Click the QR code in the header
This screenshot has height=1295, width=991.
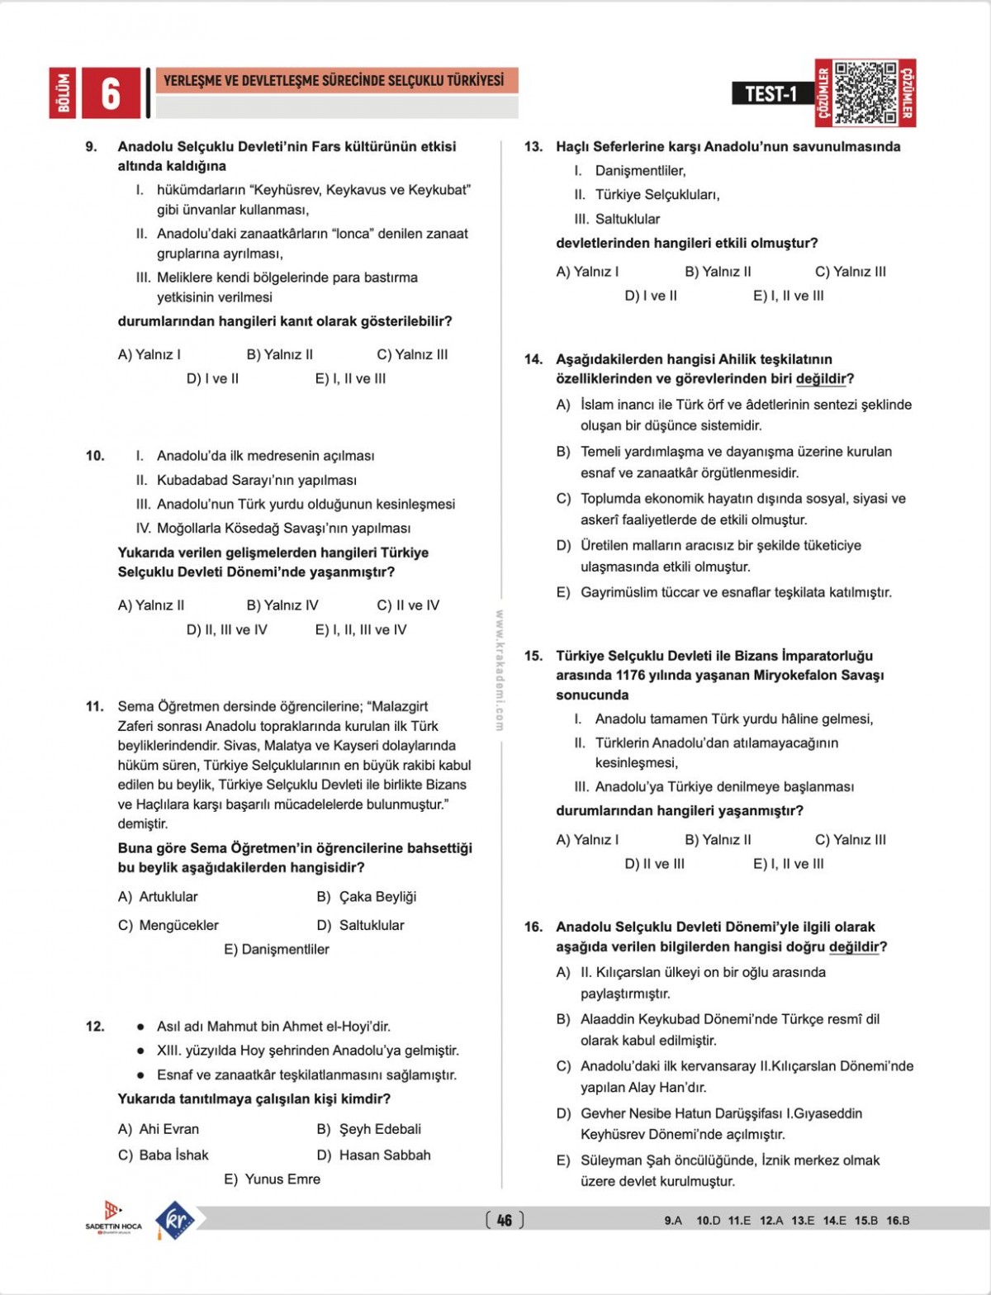pos(865,92)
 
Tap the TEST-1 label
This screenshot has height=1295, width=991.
pos(771,93)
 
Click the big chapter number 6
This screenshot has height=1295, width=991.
pos(111,93)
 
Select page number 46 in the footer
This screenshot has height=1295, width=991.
pos(505,1220)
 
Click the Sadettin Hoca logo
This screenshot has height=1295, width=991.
pos(113,1217)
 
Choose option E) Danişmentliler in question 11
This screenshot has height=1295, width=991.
pos(276,950)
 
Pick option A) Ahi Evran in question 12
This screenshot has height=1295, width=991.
pos(159,1129)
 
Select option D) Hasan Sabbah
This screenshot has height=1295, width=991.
pos(373,1155)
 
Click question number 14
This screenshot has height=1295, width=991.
pos(533,359)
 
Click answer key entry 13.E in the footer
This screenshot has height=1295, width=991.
pos(803,1221)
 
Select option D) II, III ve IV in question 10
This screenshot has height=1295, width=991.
pos(227,629)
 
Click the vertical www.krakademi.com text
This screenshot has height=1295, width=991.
pos(500,670)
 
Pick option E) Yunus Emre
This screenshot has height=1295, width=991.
pos(273,1179)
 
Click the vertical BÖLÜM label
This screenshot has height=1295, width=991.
pos(63,93)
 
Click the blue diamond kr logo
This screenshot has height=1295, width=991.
pos(174,1219)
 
